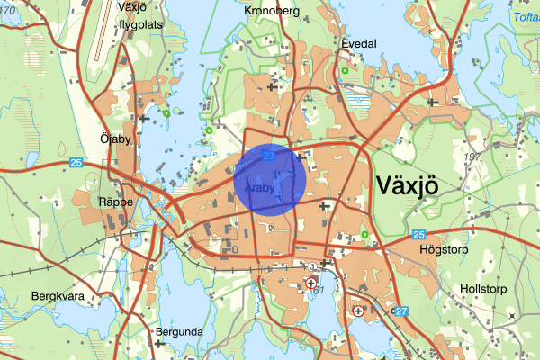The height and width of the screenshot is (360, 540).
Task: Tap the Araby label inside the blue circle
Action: point(258,189)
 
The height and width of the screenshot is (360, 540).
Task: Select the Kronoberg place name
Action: point(271,11)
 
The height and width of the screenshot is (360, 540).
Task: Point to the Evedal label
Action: point(358,42)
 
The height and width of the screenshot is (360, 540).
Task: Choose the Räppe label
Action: point(116,202)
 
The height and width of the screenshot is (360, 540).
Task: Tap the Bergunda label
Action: point(179,331)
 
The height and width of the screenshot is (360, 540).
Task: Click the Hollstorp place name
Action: point(483,289)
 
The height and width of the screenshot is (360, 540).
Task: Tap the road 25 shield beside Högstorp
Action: point(418,235)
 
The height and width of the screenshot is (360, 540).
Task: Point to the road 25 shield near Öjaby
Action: point(76,162)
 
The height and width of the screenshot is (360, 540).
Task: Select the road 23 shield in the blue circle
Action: point(268,156)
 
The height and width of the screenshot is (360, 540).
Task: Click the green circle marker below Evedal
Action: point(345,68)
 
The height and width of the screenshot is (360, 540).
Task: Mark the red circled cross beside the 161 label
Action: point(311,283)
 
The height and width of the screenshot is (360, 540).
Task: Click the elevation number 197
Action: point(470,158)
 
